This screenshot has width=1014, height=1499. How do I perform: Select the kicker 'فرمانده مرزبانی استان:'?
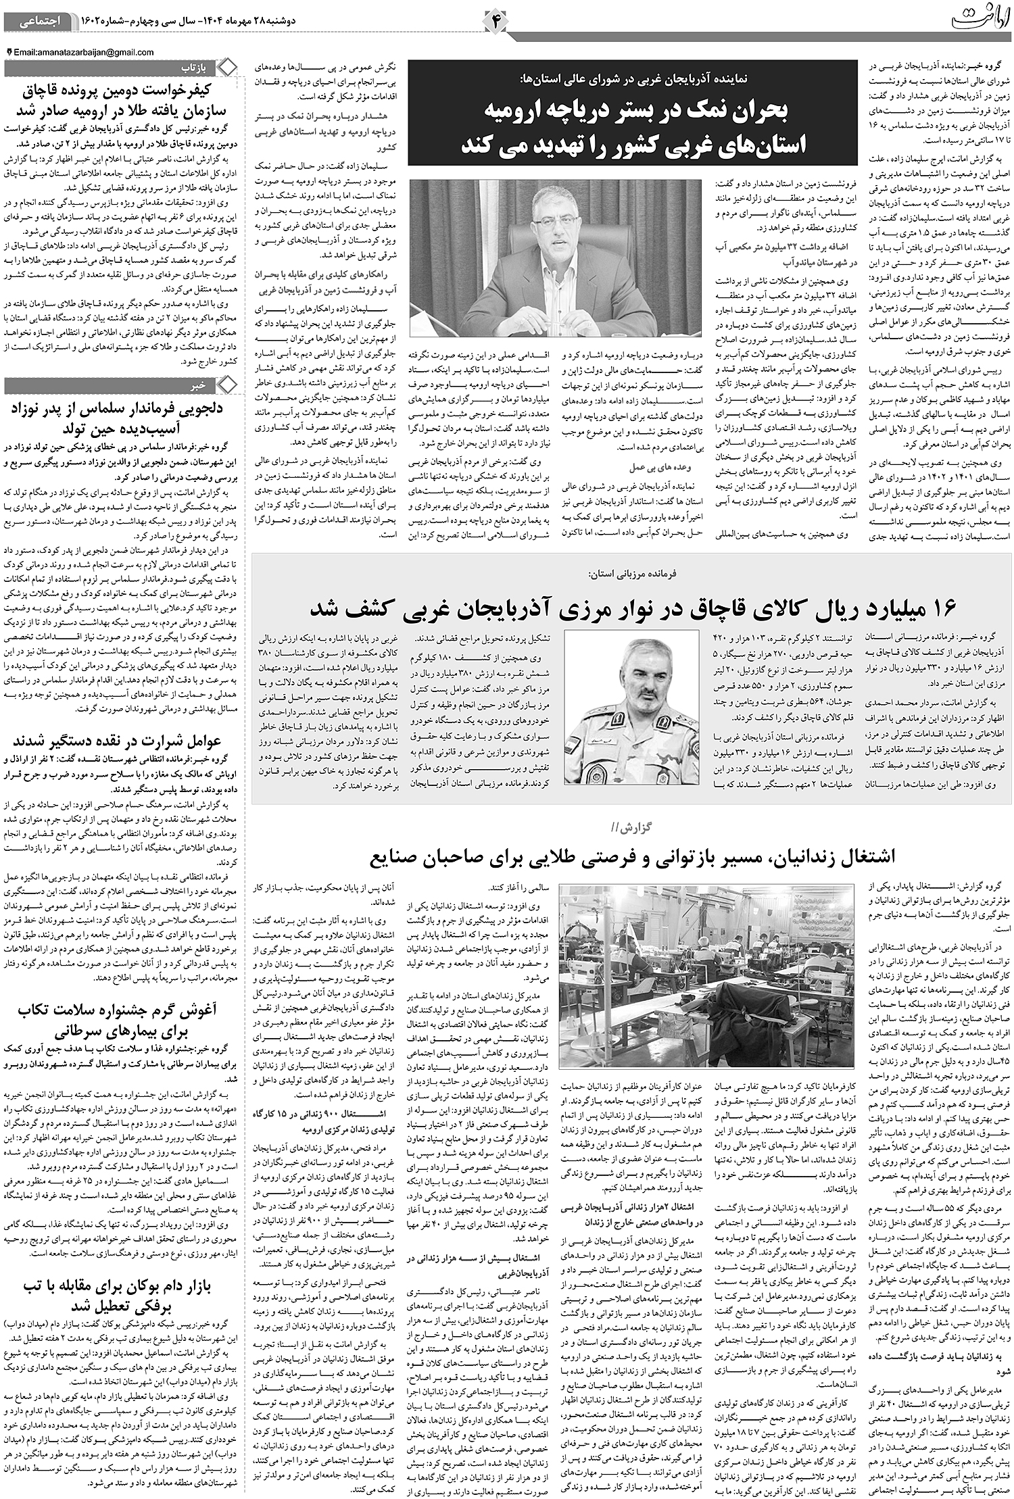click(x=632, y=573)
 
